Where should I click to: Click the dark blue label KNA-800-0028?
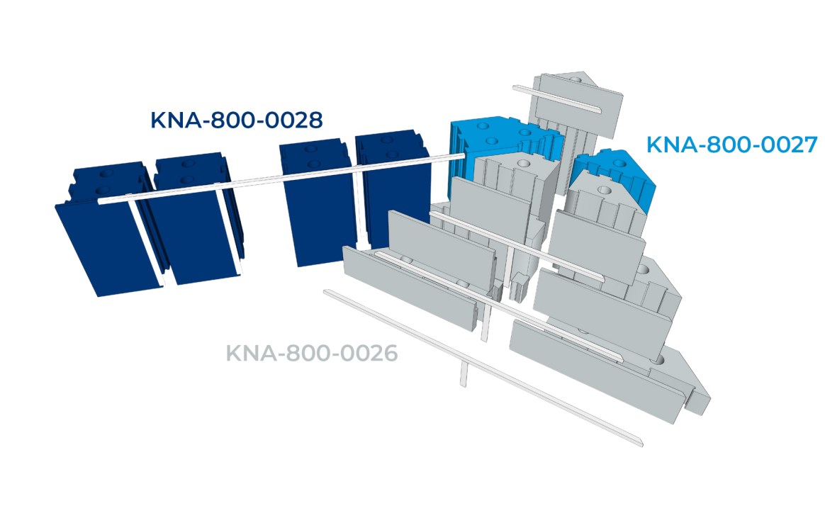click(x=237, y=120)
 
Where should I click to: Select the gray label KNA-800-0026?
click(x=312, y=352)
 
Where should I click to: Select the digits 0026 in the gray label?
click(x=368, y=352)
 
